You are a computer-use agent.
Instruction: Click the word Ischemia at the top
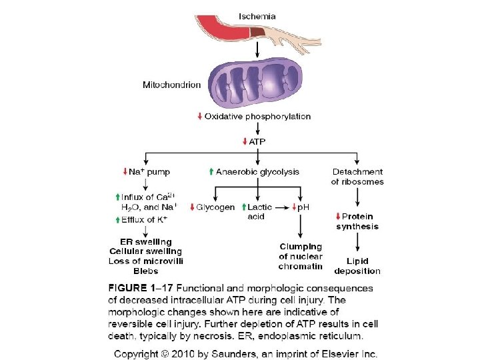click(x=257, y=15)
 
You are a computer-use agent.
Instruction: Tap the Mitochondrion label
click(x=171, y=85)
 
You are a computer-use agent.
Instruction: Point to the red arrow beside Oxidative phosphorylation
click(x=199, y=117)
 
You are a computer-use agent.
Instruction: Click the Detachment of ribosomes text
click(x=357, y=177)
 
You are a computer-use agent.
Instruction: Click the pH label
click(x=302, y=207)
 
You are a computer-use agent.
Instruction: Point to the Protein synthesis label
click(x=357, y=221)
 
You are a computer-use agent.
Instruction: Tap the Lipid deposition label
click(x=357, y=266)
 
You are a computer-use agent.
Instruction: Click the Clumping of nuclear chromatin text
click(x=301, y=256)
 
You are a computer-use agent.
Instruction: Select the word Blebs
click(x=145, y=271)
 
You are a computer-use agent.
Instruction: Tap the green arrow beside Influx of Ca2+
click(x=117, y=197)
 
